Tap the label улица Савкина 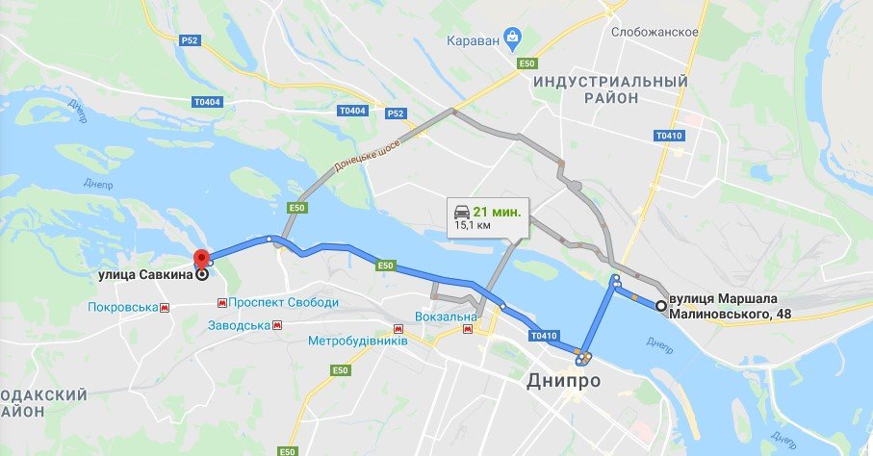coord(144,274)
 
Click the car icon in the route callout coord(463,210)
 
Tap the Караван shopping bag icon coord(512,39)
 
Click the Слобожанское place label coord(655,32)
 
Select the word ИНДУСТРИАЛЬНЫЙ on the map coord(611,81)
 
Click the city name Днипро coord(563,381)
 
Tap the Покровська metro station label coord(121,308)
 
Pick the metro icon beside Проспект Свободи coord(222,302)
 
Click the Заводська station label coord(239,325)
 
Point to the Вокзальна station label coord(446,317)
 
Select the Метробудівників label coord(358,342)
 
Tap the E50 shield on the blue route coord(386,265)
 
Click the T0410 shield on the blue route coord(543,337)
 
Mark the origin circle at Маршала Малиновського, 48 coord(660,306)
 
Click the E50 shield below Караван coord(526,63)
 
